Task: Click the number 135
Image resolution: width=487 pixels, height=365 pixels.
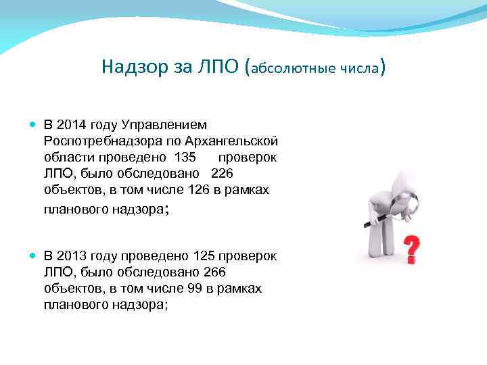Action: (x=185, y=157)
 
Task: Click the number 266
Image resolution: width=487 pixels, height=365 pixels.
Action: (x=214, y=272)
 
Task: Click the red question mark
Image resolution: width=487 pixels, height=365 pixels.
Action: (x=410, y=249)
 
